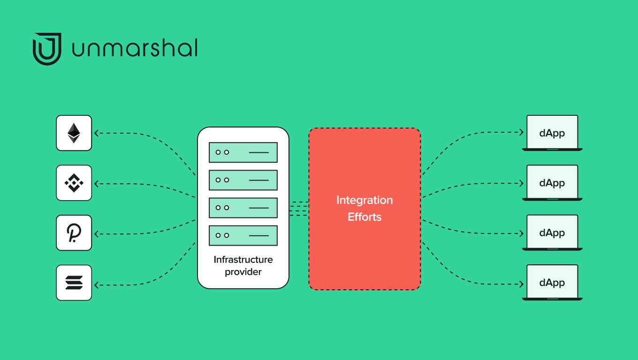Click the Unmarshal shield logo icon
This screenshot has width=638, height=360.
pos(47,49)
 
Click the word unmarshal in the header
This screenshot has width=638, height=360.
pos(135,48)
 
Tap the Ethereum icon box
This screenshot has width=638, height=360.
pos(74,133)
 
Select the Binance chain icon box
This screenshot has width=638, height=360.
pos(74,183)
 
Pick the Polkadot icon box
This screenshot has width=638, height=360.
pos(74,233)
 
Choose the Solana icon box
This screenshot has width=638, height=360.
pos(74,283)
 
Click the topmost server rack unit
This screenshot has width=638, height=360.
pos(243,152)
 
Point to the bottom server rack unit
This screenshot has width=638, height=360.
pos(243,235)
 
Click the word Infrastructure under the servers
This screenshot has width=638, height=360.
pos(243,260)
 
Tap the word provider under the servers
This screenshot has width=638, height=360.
pos(243,272)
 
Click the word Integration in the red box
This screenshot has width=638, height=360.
pos(365,200)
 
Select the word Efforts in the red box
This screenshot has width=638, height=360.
pos(365,217)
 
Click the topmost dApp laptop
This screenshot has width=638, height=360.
pos(552,133)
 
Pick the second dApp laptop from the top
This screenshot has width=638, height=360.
pos(552,183)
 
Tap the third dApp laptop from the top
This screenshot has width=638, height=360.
pos(552,233)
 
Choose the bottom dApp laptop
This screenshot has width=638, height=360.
pos(552,283)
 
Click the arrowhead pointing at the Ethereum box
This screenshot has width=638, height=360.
pos(96,133)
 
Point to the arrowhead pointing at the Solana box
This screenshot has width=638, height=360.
pos(96,285)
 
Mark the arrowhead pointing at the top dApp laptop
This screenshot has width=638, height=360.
pos(521,132)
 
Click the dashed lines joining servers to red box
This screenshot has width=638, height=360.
pos(299,209)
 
